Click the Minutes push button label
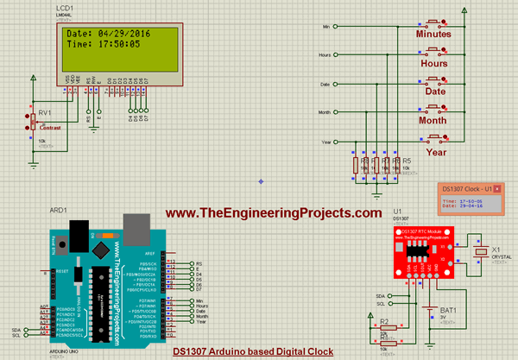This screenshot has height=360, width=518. (x=433, y=35)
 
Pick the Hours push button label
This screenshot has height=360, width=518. (x=433, y=64)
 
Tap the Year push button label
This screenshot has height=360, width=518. (x=435, y=152)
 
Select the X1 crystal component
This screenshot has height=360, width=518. (x=482, y=251)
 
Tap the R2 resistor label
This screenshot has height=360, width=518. (x=385, y=321)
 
